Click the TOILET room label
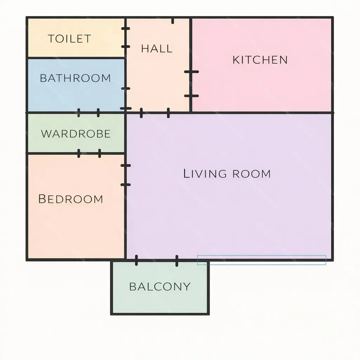tap(69, 39)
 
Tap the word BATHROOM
tap(75, 78)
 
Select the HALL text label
tap(157, 49)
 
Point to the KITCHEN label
tap(260, 60)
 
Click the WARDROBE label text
tap(76, 134)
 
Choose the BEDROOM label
tap(71, 199)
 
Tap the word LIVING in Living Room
tap(205, 174)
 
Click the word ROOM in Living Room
tap(252, 174)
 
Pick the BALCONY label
tap(160, 287)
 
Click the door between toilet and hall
tap(126, 38)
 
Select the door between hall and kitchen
tap(191, 84)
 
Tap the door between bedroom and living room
tap(126, 175)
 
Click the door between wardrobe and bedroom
tap(89, 153)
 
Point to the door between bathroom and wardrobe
tap(89, 113)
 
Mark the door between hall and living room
tap(155, 113)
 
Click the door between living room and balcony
tap(156, 261)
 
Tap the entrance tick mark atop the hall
tap(173, 21)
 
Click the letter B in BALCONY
tap(132, 287)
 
